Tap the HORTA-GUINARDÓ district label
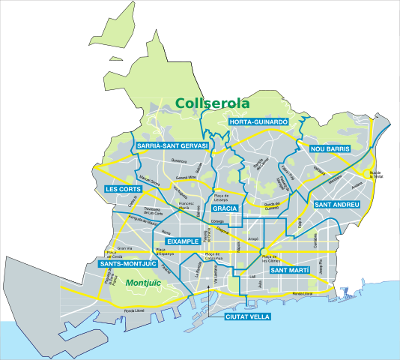point(258,121)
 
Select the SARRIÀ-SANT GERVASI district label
point(172,145)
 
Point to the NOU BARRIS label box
point(330,149)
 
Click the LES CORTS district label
point(124,189)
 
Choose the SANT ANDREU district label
point(337,205)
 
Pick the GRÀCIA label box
point(225,208)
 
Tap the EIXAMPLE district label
point(182,241)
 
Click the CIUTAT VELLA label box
point(247,316)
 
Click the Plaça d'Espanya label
point(165,253)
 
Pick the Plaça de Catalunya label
point(213,257)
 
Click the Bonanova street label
point(178,160)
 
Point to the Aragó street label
point(253,238)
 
